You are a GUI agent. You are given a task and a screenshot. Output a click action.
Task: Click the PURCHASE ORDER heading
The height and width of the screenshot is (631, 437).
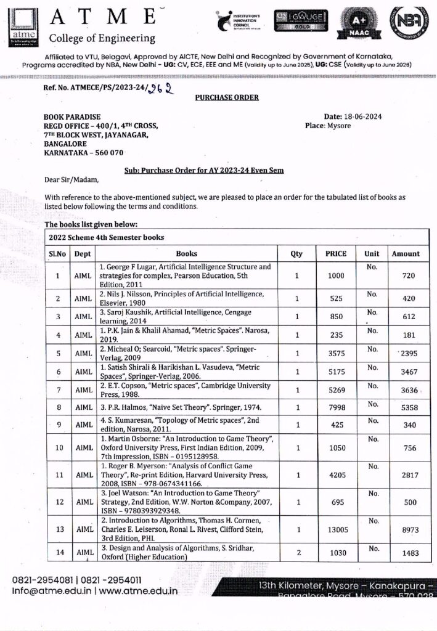pos(227,97)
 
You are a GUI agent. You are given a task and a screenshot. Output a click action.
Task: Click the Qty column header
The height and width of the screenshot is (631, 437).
pos(296,253)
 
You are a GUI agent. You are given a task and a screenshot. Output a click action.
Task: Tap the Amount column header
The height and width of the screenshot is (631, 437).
pos(406,253)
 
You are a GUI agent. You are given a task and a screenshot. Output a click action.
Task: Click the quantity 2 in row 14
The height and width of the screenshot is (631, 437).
pos(298,553)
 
